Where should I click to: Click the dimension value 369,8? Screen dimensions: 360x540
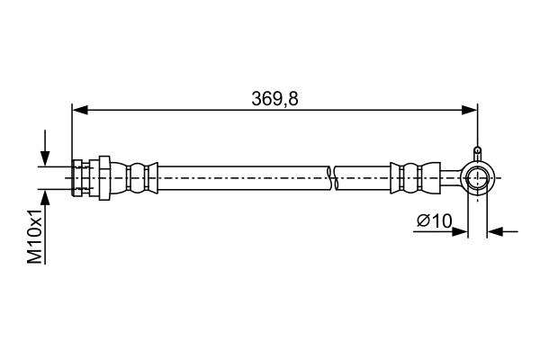pyautogui.click(x=274, y=99)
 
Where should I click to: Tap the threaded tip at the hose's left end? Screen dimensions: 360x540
pyautogui.click(x=76, y=178)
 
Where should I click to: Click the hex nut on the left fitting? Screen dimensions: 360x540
pyautogui.click(x=103, y=178)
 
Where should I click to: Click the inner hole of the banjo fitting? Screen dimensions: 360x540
pyautogui.click(x=477, y=178)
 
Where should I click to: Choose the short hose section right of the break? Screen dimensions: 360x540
pyautogui.click(x=362, y=178)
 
